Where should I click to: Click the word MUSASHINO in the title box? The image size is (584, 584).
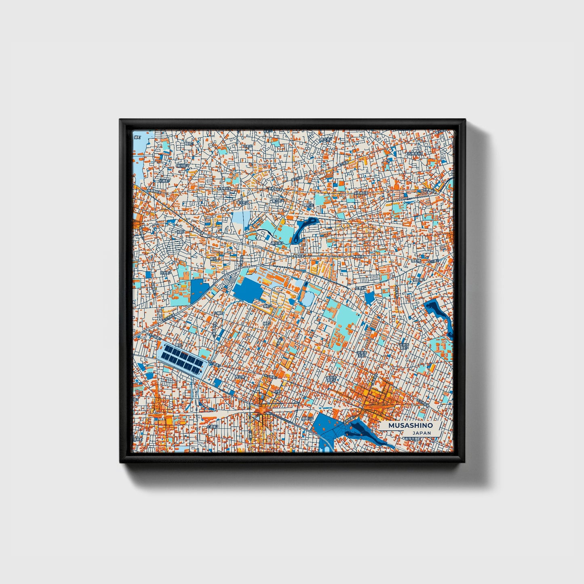pyautogui.click(x=410, y=426)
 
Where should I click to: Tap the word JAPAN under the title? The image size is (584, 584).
pyautogui.click(x=422, y=433)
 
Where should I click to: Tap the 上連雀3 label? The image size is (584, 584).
pyautogui.click(x=212, y=426)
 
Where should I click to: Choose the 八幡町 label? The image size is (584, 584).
pyautogui.click(x=219, y=313)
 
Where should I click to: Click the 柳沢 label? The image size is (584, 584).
pyautogui.click(x=213, y=258)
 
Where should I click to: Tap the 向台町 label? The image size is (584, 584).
pyautogui.click(x=164, y=273)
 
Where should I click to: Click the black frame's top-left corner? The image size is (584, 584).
pyautogui.click(x=120, y=120)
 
